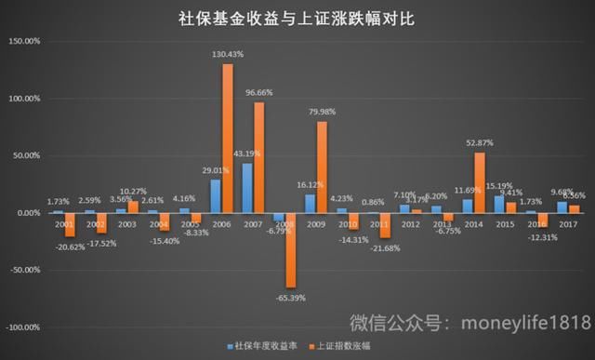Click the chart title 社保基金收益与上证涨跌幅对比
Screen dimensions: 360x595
click(297, 18)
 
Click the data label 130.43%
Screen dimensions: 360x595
click(228, 54)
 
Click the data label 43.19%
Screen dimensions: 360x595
click(245, 153)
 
